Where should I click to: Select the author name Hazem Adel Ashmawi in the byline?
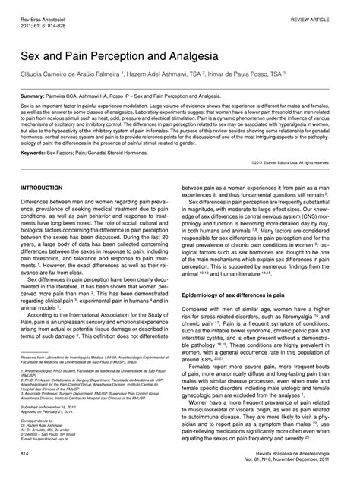[166, 76]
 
